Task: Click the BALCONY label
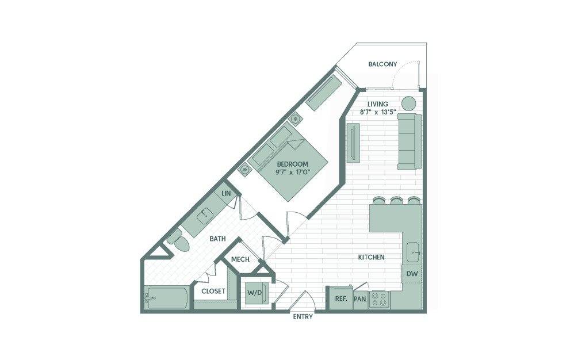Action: click(382, 64)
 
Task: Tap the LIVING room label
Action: click(378, 104)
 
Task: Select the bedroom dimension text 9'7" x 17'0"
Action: click(293, 173)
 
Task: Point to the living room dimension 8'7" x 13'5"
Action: click(378, 112)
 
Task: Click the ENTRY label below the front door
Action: click(303, 317)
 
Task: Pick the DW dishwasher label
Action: click(412, 273)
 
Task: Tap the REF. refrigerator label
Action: click(341, 298)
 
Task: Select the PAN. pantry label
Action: click(361, 299)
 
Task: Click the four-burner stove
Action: click(379, 299)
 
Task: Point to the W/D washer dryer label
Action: click(255, 293)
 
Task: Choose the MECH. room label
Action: click(241, 259)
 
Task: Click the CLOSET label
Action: click(213, 291)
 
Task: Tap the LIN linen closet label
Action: click(226, 193)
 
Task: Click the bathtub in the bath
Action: click(167, 297)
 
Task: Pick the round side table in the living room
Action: click(409, 103)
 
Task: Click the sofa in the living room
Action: click(410, 141)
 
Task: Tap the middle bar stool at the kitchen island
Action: click(396, 201)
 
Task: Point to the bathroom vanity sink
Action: click(204, 216)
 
